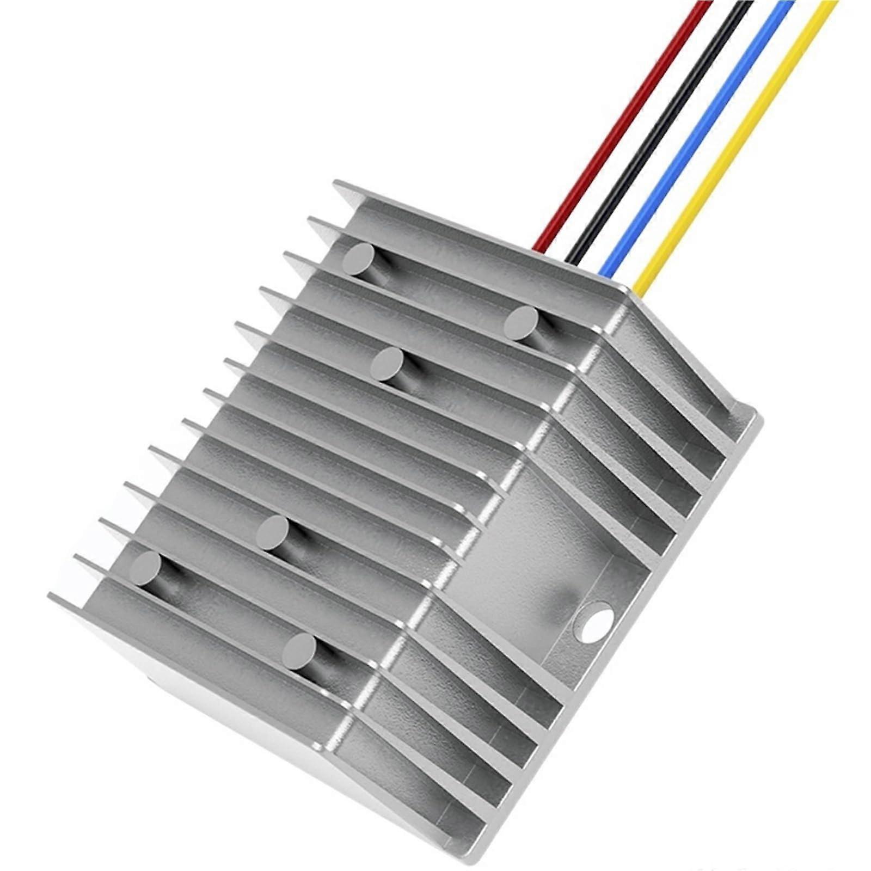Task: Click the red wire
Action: (626, 120)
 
